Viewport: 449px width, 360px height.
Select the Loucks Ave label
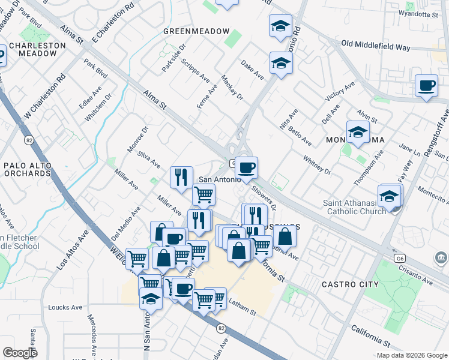[x=65, y=307]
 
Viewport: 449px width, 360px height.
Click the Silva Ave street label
[x=149, y=159]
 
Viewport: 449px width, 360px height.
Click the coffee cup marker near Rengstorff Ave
[x=426, y=86]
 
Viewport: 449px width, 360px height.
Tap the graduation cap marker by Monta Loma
[x=358, y=133]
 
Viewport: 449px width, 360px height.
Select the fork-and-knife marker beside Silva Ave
[x=181, y=176]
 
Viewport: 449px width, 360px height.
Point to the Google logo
[x=20, y=353]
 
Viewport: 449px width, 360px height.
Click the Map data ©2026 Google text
[x=412, y=355]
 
